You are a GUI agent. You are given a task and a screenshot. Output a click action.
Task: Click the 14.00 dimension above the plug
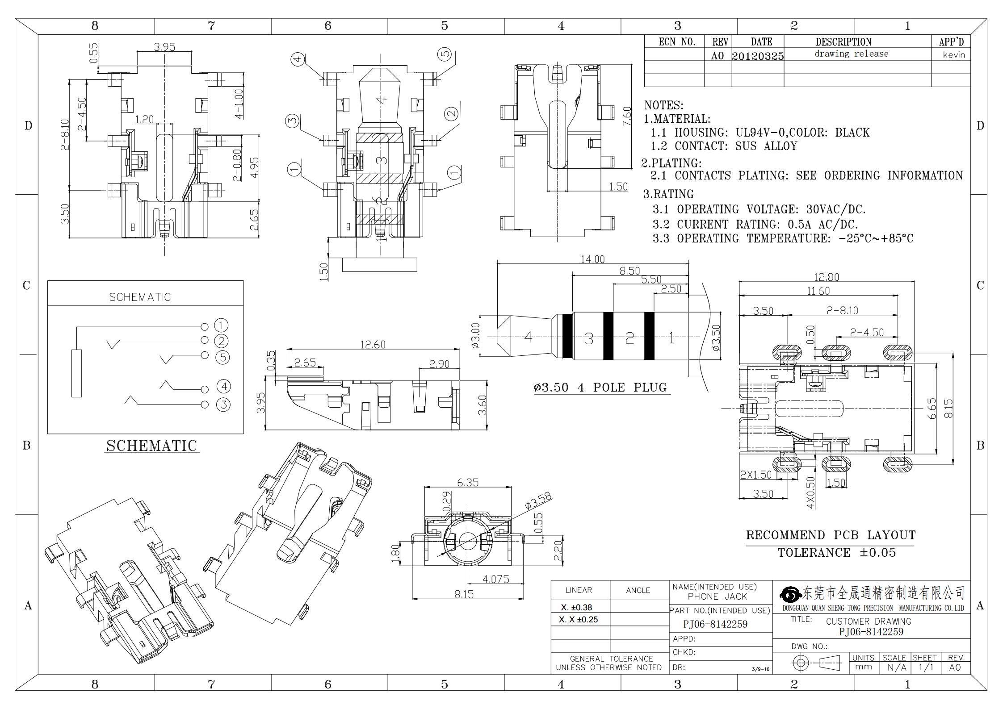(x=592, y=259)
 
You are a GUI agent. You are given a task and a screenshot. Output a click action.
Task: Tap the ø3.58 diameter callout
(x=538, y=500)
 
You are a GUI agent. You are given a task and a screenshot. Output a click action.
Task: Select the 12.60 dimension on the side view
(x=373, y=344)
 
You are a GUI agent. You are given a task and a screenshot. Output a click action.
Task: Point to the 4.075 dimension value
(x=495, y=579)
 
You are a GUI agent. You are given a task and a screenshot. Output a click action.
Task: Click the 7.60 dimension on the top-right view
(x=627, y=116)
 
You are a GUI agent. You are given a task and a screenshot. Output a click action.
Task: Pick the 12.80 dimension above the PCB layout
(x=826, y=277)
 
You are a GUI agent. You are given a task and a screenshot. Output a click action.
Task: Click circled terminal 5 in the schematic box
(x=222, y=357)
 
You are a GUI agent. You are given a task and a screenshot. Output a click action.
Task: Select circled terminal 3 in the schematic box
(x=223, y=405)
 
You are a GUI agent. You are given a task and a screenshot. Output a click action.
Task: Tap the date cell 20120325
(x=758, y=56)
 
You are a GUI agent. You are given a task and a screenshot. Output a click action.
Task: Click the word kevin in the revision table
(x=954, y=55)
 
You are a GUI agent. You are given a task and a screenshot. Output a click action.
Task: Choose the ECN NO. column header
(x=677, y=42)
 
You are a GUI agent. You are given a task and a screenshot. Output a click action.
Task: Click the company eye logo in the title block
(x=791, y=594)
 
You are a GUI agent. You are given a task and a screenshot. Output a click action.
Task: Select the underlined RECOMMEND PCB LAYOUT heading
(x=831, y=535)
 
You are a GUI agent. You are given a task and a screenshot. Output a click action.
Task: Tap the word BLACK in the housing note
(x=852, y=133)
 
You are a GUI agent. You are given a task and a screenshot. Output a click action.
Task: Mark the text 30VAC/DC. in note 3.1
(x=836, y=209)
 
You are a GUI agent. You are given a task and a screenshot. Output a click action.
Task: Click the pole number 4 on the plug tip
(x=528, y=337)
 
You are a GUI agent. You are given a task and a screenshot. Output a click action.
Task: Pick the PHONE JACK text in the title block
(x=718, y=596)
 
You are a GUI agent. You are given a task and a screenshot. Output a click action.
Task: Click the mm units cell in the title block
(x=863, y=667)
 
